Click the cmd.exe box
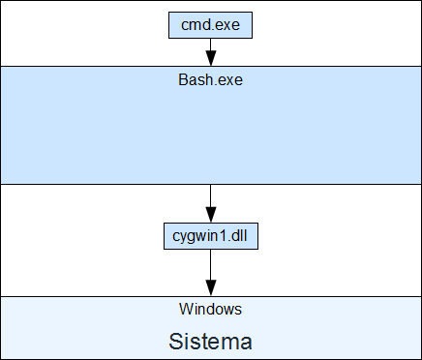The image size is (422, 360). pyautogui.click(x=210, y=25)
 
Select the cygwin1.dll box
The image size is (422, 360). pyautogui.click(x=211, y=236)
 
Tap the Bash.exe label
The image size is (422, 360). pyautogui.click(x=210, y=79)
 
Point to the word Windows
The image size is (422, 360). pyautogui.click(x=210, y=309)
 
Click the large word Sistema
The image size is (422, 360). pyautogui.click(x=210, y=342)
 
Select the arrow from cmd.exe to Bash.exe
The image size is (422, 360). pyautogui.click(x=211, y=52)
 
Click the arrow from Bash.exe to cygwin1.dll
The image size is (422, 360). pyautogui.click(x=211, y=203)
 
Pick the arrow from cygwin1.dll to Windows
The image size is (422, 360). pyautogui.click(x=211, y=273)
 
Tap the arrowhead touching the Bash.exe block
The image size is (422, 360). pyautogui.click(x=211, y=58)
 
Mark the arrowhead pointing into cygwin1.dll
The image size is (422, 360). pyautogui.click(x=211, y=215)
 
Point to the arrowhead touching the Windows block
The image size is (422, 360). pyautogui.click(x=211, y=288)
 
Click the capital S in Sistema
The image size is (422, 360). pyautogui.click(x=175, y=342)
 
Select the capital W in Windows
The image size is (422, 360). pyautogui.click(x=185, y=309)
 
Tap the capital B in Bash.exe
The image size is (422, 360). pyautogui.click(x=183, y=79)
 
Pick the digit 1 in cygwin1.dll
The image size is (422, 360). pyautogui.click(x=226, y=236)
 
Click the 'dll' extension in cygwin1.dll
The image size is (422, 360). pyautogui.click(x=240, y=236)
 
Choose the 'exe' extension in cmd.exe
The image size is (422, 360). pyautogui.click(x=228, y=26)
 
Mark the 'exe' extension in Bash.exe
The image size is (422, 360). pyautogui.click(x=231, y=80)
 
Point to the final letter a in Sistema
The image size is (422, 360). pyautogui.click(x=246, y=344)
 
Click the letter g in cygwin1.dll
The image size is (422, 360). pyautogui.click(x=189, y=237)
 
